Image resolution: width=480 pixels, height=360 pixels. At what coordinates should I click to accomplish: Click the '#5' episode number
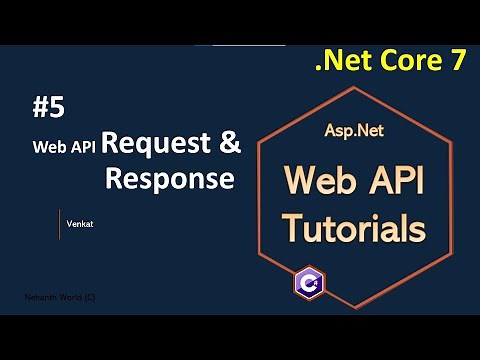coord(47,107)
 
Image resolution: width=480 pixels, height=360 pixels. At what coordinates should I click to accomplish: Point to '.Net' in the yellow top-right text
coord(339,61)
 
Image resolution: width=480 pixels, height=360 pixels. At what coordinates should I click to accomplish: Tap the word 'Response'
coord(170,179)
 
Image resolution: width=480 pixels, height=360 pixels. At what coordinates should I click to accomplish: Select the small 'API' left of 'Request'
coord(82,146)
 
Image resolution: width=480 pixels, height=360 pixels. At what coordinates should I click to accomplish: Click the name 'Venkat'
coord(79,224)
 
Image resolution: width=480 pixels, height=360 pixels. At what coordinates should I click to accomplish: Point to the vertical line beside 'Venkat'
coord(59,224)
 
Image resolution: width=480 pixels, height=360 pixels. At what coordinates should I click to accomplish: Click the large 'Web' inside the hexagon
coord(321,182)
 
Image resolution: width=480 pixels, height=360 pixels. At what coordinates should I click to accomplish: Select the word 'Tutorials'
coord(353,227)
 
